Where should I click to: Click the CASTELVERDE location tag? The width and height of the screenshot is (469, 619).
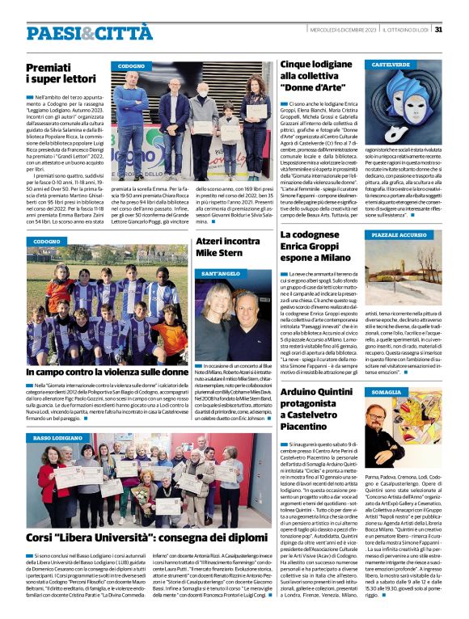391,64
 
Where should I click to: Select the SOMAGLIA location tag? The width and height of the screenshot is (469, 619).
387,392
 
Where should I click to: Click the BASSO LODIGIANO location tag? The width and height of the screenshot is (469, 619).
63,437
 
